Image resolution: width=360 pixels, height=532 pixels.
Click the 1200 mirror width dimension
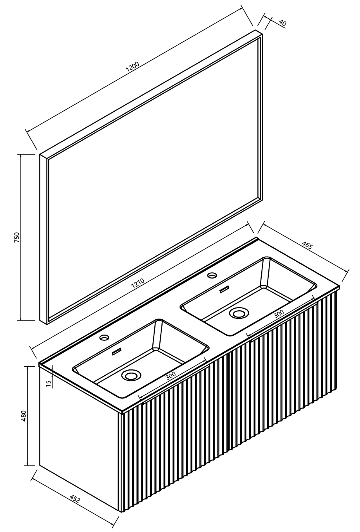coord(132,67)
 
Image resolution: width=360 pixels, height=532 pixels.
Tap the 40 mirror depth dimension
coord(282,23)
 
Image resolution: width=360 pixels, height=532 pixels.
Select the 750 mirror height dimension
coord(16,237)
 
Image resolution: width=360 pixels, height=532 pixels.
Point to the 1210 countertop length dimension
coord(138,283)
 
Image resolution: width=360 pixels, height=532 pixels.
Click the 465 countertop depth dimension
coord(307,245)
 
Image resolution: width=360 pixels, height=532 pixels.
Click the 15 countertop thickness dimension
coord(48,384)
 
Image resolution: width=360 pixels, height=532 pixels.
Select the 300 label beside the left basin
coord(170,375)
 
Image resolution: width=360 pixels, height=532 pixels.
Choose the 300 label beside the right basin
coord(279,314)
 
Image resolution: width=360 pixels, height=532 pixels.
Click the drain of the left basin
coord(131,375)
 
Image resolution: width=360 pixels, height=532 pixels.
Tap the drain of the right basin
coord(239,313)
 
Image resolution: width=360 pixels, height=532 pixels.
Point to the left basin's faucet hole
coord(104,337)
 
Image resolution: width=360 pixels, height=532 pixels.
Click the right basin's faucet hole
coord(212,275)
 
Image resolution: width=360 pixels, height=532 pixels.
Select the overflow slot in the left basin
coord(117,352)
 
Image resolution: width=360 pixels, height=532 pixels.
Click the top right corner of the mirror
coord(262,33)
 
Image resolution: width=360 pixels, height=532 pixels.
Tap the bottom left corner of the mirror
coord(47,324)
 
